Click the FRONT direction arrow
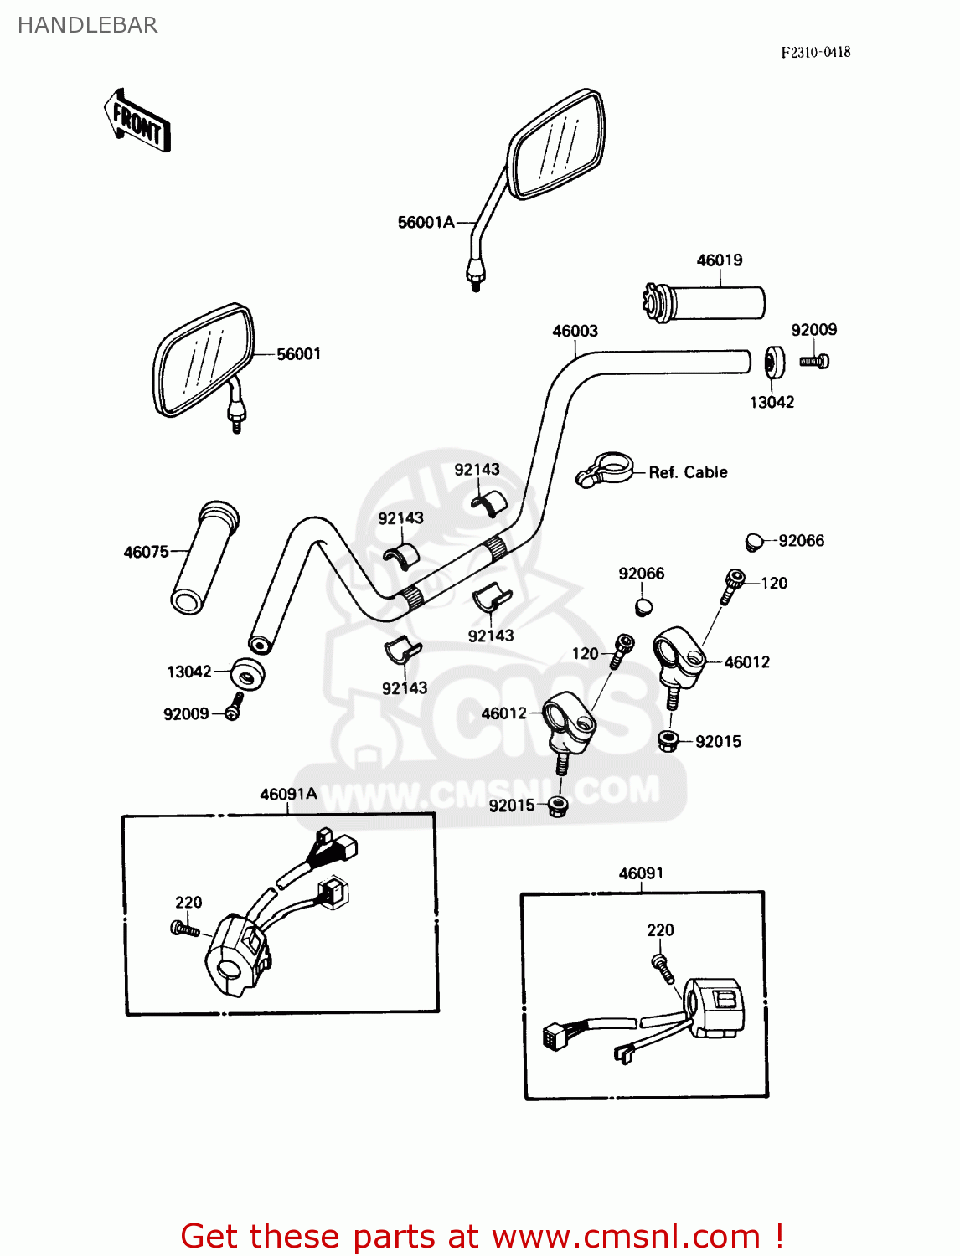coord(137,121)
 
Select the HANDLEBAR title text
coord(87,25)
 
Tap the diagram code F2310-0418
coord(815,52)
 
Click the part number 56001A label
coord(426,222)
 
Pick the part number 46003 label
coord(575,331)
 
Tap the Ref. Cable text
coord(688,472)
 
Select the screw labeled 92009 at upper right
coord(813,362)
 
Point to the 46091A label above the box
coord(288,794)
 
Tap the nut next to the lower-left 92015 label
coord(558,807)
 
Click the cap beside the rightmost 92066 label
coord(754,542)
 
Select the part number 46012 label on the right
coord(746,662)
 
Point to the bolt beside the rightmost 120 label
coord(732,584)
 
